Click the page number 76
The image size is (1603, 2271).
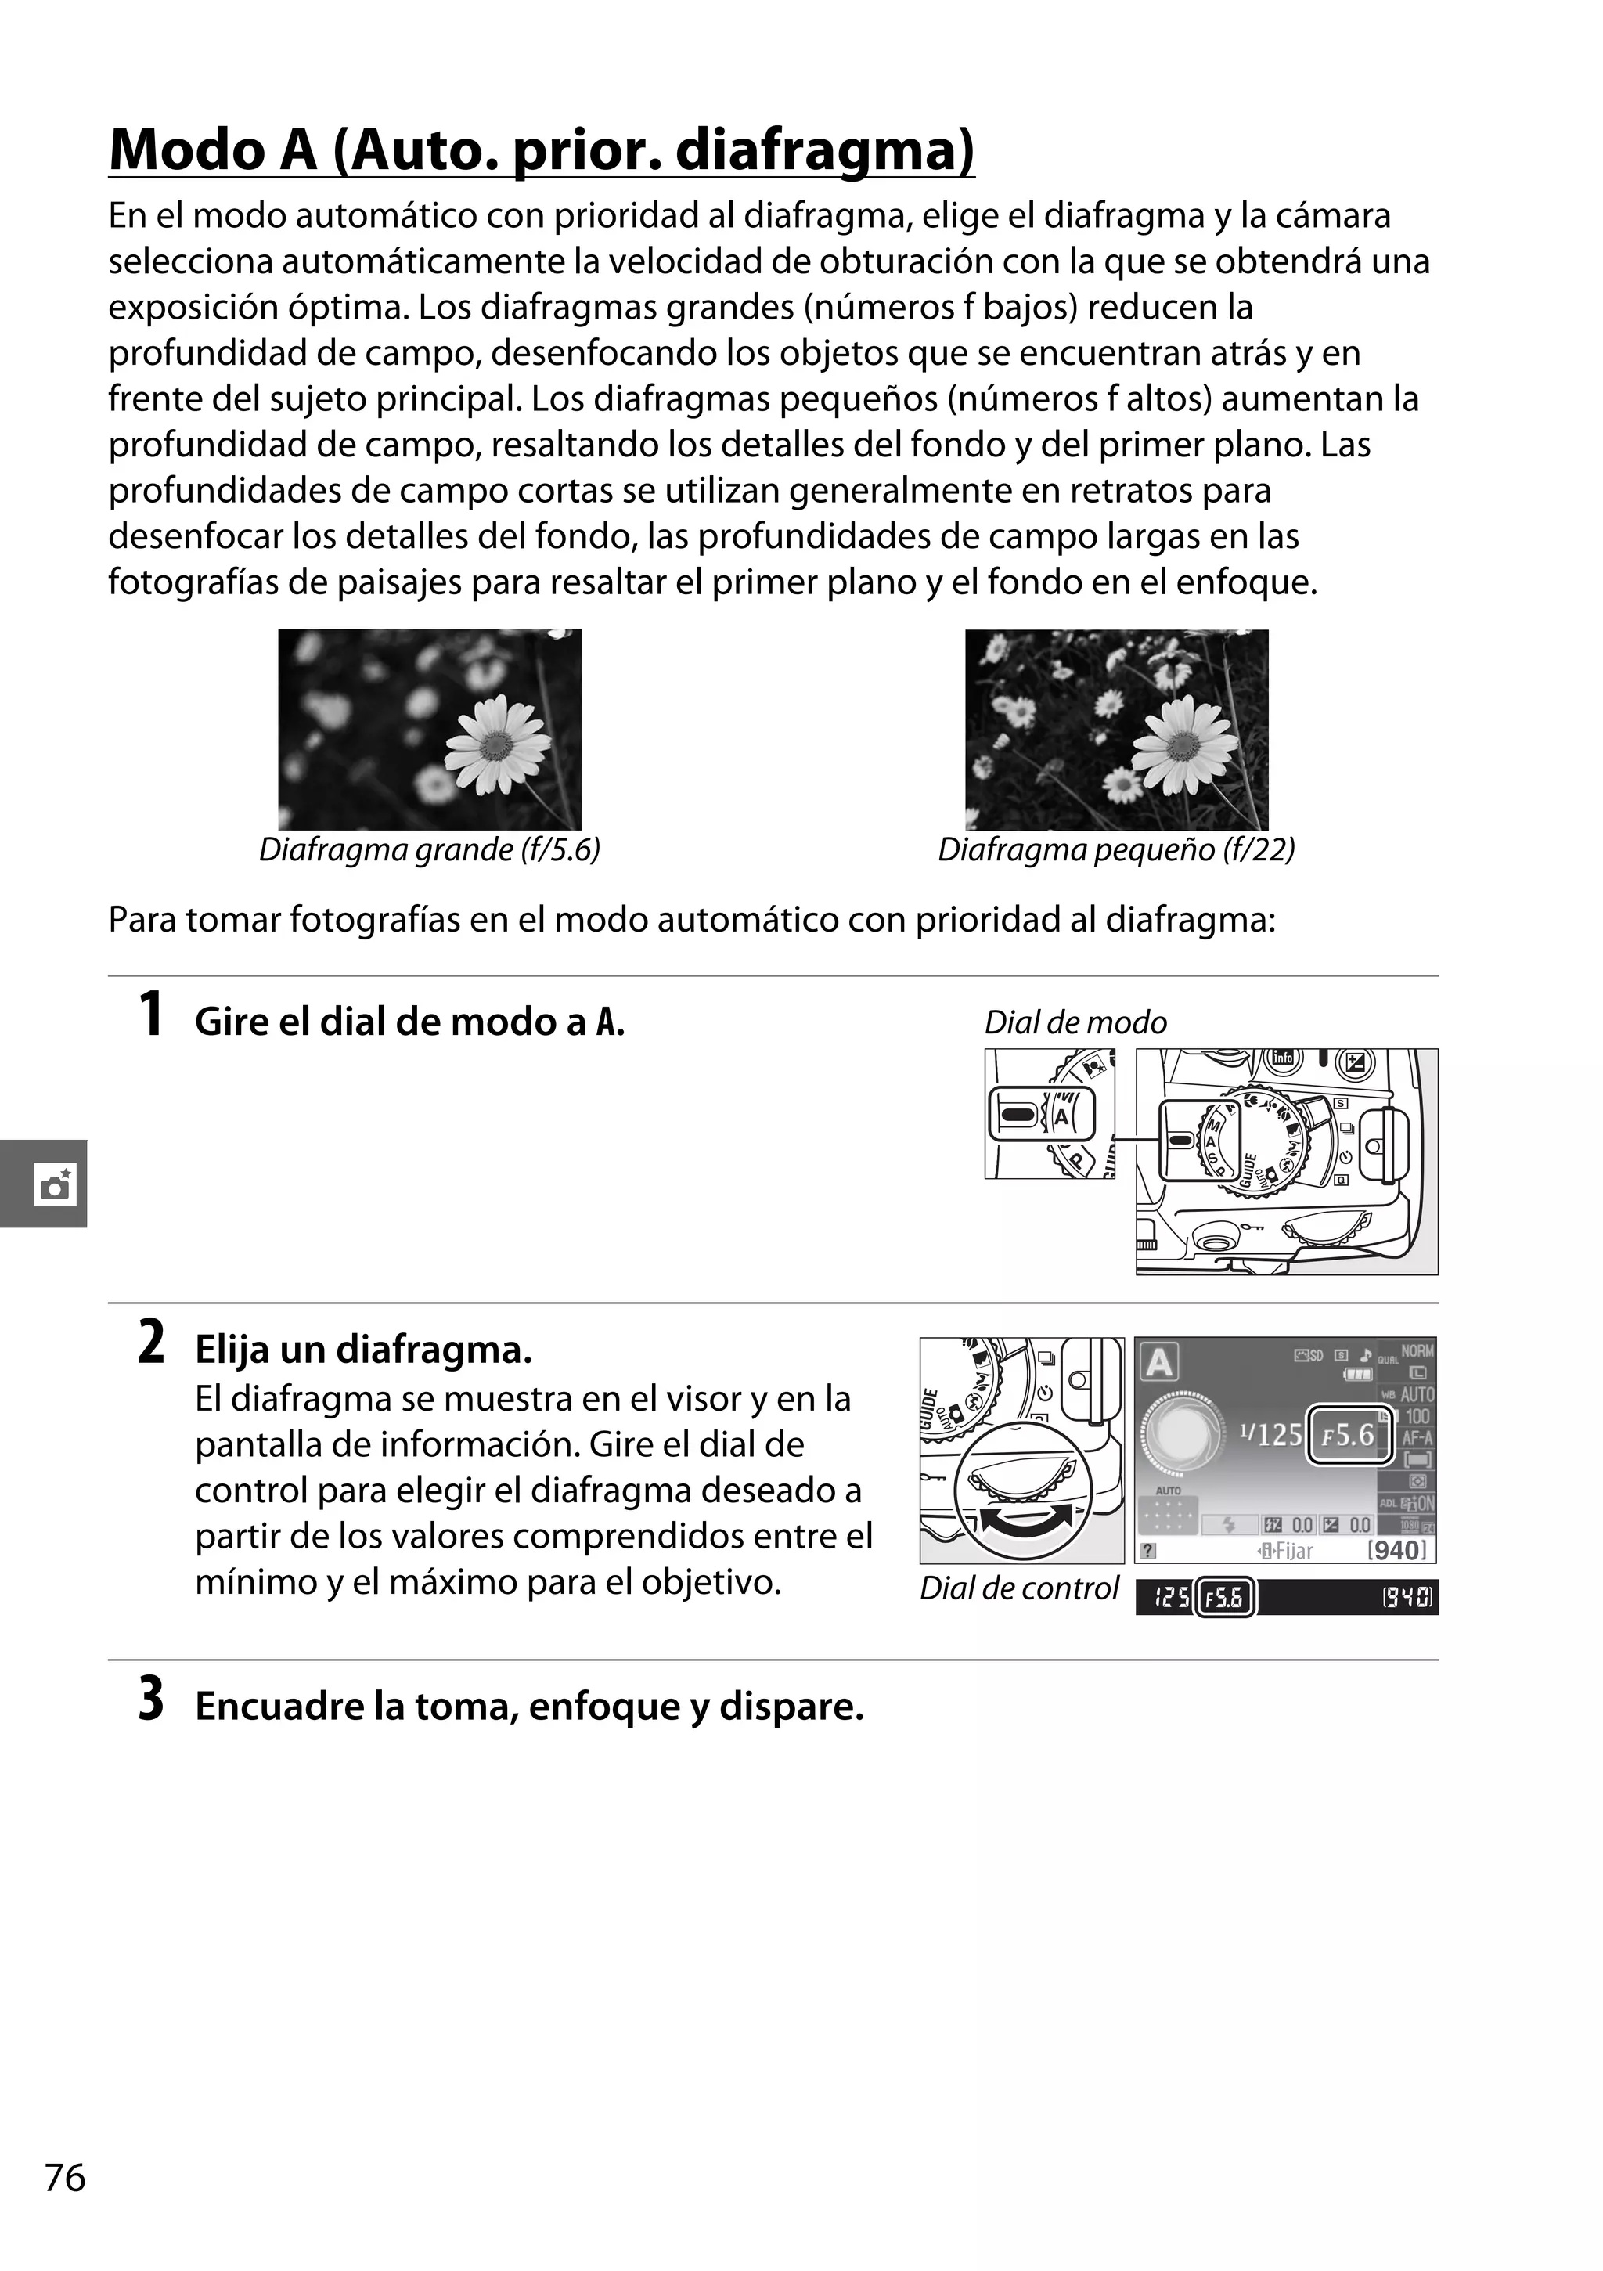[65, 2204]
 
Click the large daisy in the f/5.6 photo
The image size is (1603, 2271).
[495, 744]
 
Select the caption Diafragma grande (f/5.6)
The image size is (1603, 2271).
[429, 849]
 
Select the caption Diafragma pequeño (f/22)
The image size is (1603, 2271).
[1115, 849]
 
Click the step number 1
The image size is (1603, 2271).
[150, 1016]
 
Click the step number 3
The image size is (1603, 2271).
[150, 1700]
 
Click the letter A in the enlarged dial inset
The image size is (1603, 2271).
[1062, 1116]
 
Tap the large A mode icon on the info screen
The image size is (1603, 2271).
[1159, 1363]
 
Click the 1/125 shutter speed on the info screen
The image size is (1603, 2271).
[1270, 1434]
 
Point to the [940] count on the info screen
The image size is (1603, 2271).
[1396, 1550]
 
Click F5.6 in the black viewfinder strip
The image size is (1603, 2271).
[1225, 1598]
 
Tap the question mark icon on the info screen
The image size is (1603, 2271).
[1148, 1551]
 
